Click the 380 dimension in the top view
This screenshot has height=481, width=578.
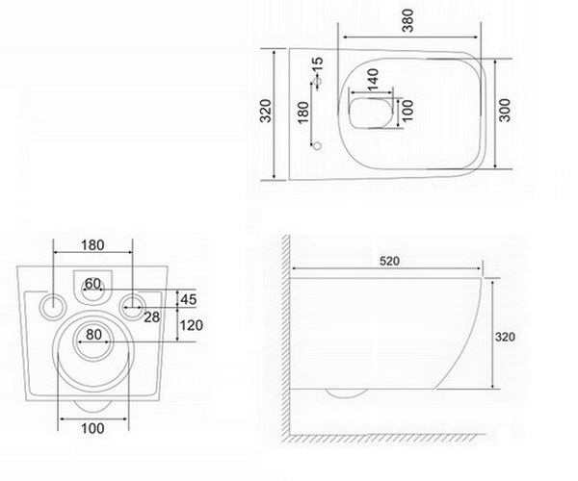coord(408,21)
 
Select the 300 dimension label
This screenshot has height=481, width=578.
coord(505,110)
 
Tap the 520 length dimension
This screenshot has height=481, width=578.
coord(389,261)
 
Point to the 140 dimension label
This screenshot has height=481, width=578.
coord(373,79)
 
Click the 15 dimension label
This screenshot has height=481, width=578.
coord(317,66)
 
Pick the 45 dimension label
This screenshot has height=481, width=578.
coord(189,299)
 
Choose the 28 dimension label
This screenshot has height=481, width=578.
coord(152,316)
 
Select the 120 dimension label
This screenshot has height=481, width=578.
coord(191,325)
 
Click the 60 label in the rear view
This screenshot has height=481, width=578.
coord(92,284)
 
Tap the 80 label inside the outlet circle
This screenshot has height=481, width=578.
coord(94,335)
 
